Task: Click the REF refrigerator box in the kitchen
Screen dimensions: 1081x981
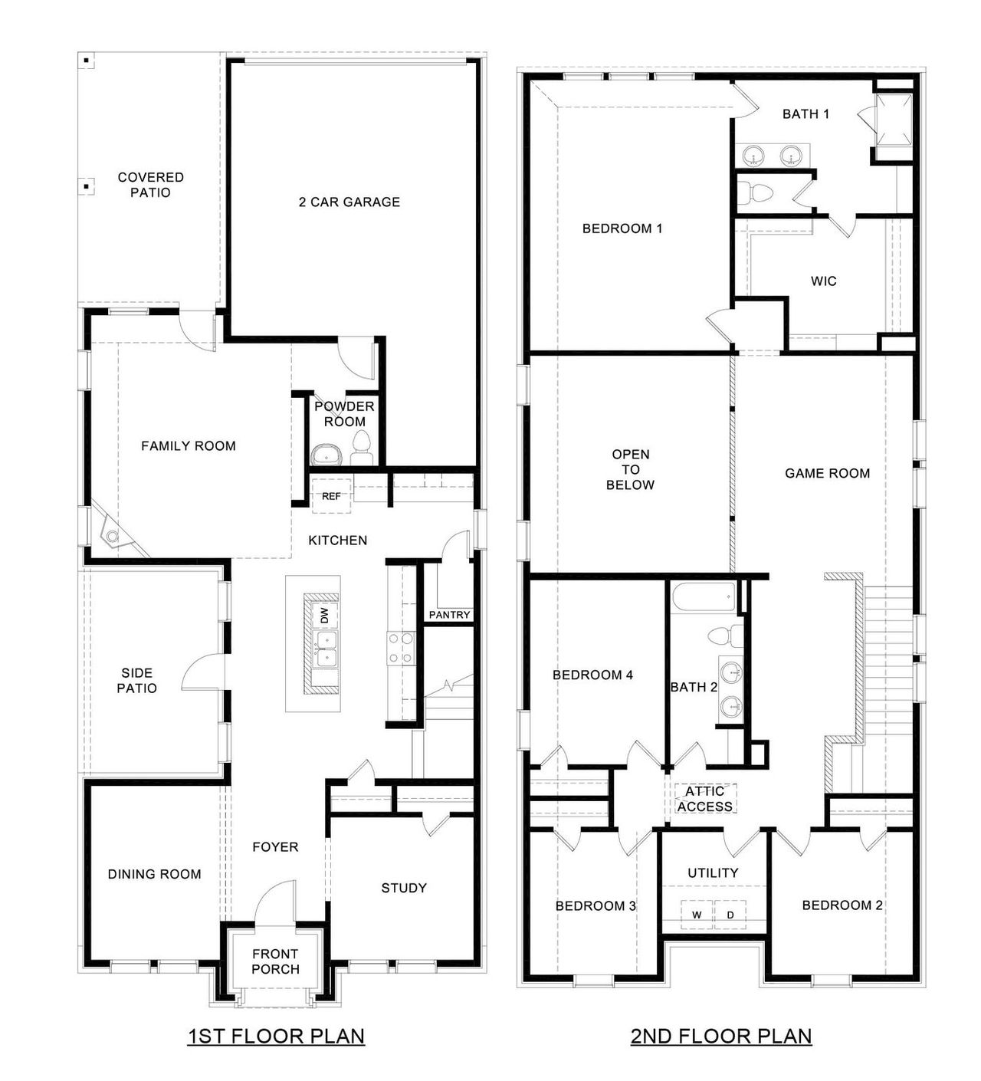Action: click(x=331, y=495)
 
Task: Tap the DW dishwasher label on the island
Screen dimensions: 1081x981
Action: click(x=324, y=615)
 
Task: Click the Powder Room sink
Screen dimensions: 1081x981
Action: click(x=327, y=454)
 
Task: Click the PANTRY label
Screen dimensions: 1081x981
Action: click(x=449, y=615)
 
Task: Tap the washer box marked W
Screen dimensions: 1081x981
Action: click(x=697, y=914)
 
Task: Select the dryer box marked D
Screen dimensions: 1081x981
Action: click(x=730, y=914)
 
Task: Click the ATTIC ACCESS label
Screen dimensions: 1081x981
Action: click(x=704, y=799)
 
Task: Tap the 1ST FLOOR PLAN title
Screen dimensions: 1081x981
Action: click(x=276, y=1037)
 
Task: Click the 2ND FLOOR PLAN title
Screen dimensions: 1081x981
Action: click(x=720, y=1037)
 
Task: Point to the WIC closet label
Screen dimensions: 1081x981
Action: click(x=824, y=281)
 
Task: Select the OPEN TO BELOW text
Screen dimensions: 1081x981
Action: click(x=630, y=469)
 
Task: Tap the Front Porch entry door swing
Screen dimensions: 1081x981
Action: click(x=274, y=901)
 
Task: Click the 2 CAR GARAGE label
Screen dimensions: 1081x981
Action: click(x=349, y=202)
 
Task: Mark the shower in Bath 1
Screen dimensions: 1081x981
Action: click(x=894, y=119)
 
